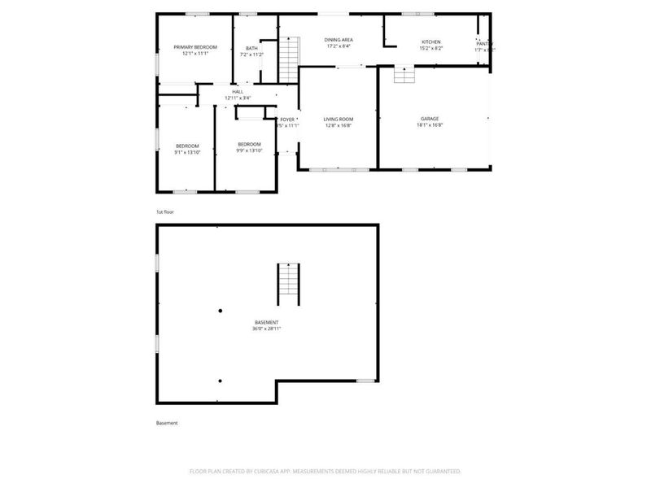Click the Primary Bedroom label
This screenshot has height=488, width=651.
click(194, 47)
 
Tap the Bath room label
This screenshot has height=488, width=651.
click(251, 48)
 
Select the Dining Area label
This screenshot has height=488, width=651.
click(338, 39)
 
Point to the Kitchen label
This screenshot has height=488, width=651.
click(430, 41)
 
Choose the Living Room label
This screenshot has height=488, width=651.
click(338, 119)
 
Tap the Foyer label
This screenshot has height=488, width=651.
click(287, 119)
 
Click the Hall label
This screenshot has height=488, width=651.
click(238, 91)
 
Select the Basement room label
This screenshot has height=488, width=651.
click(266, 322)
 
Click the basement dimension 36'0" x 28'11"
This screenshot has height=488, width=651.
click(266, 329)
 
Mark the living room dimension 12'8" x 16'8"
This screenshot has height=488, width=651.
click(338, 126)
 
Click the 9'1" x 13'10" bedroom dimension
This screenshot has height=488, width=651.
click(187, 152)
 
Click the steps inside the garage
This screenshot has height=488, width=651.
click(404, 75)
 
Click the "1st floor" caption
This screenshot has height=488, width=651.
click(165, 211)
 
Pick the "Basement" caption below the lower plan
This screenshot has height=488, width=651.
click(167, 423)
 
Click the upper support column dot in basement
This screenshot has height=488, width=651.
click(220, 310)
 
